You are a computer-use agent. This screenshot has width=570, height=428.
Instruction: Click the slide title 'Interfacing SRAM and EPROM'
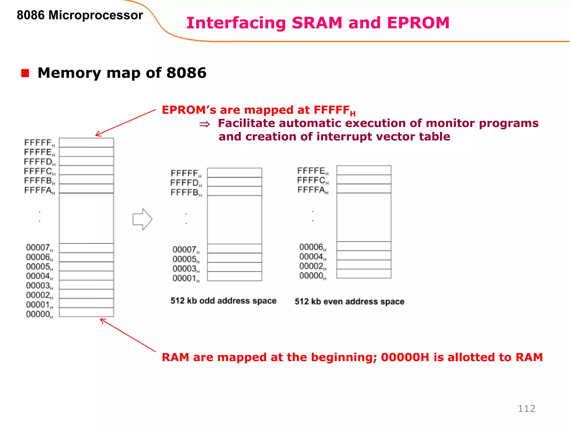click(318, 23)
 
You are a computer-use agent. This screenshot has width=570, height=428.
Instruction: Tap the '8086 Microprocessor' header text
click(80, 15)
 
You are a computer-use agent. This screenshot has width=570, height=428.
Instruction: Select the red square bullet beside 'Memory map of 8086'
click(25, 73)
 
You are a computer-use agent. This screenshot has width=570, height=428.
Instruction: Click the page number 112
click(527, 408)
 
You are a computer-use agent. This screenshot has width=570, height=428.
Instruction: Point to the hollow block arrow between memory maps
click(142, 219)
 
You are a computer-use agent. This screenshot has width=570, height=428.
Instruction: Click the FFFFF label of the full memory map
click(39, 143)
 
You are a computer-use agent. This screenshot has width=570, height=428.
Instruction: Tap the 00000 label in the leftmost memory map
click(39, 315)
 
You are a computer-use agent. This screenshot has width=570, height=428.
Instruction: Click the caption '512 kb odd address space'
click(223, 301)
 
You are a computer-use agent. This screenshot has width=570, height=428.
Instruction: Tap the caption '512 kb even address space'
click(349, 301)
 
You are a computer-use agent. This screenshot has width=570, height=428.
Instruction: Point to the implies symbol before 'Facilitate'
click(205, 124)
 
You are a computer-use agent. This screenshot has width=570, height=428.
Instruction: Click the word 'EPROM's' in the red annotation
click(189, 110)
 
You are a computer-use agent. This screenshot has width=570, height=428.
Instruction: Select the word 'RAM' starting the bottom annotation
click(175, 357)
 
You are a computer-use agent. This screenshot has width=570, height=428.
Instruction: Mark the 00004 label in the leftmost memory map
click(39, 276)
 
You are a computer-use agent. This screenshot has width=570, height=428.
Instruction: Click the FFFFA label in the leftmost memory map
click(39, 191)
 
